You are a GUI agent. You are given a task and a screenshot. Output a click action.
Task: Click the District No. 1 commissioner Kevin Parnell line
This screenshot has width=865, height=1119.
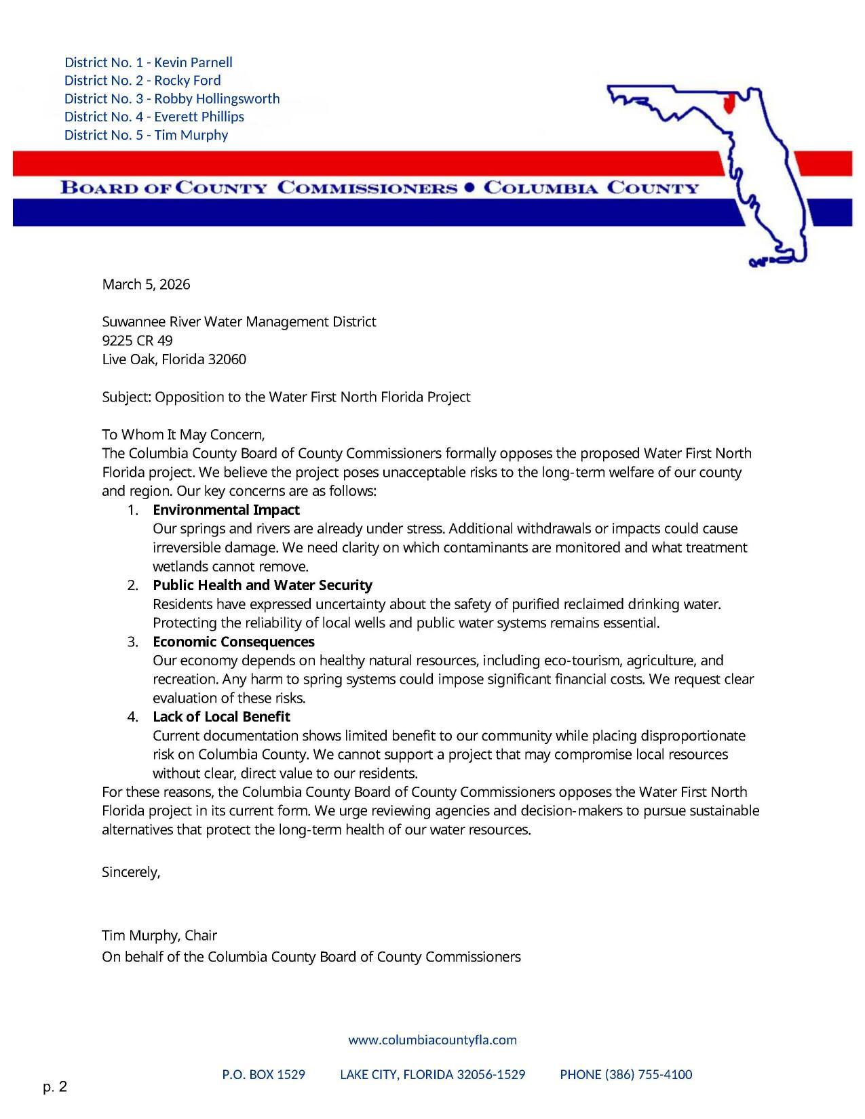[x=148, y=62]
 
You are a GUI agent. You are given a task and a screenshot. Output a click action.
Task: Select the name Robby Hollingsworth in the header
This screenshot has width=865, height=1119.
[x=217, y=98]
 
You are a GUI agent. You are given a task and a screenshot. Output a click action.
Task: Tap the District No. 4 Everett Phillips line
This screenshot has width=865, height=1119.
[x=154, y=117]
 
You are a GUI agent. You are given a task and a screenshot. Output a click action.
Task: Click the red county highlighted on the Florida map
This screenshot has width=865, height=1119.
[x=729, y=104]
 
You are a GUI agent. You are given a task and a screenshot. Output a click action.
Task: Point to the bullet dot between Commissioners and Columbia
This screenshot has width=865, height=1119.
[x=469, y=188]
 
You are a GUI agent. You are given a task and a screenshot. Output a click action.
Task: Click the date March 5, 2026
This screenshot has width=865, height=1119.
[x=146, y=284]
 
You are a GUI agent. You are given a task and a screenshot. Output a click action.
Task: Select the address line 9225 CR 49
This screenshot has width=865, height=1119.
[x=137, y=340]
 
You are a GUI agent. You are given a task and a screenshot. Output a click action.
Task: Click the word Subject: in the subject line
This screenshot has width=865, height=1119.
[x=127, y=397]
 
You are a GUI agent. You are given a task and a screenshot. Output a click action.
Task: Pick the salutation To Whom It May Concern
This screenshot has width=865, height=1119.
[x=183, y=435]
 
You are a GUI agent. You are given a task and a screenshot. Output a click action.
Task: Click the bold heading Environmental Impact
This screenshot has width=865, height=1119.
[x=226, y=510]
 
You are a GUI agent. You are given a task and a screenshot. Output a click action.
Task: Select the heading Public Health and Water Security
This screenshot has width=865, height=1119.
[x=262, y=585]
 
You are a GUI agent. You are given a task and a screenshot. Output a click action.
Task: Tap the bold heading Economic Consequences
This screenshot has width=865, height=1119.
[x=233, y=642]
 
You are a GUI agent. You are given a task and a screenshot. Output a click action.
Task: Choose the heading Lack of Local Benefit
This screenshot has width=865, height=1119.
[x=221, y=717]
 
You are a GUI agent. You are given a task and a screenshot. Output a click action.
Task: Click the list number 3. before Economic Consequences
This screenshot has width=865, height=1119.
[x=132, y=642]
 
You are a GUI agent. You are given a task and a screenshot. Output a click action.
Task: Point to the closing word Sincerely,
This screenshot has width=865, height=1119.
[x=131, y=873]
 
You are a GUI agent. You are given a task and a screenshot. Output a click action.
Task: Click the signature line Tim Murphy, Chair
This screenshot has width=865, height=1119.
[x=159, y=936]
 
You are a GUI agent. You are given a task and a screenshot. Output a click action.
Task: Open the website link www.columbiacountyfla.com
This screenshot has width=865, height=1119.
[x=432, y=1040]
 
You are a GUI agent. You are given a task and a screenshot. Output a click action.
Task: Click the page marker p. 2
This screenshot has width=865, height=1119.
[x=55, y=1088]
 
